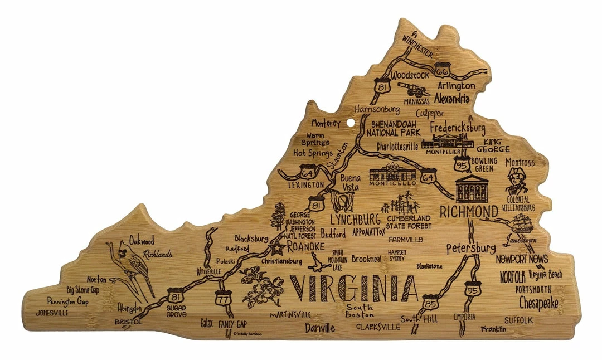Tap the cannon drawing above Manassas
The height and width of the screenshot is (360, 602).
(x=413, y=89)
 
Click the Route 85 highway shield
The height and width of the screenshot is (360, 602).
(x=429, y=303)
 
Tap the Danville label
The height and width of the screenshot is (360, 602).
(x=320, y=329)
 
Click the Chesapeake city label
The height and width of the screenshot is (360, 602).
(x=538, y=303)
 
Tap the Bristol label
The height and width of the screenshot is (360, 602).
(x=128, y=322)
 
